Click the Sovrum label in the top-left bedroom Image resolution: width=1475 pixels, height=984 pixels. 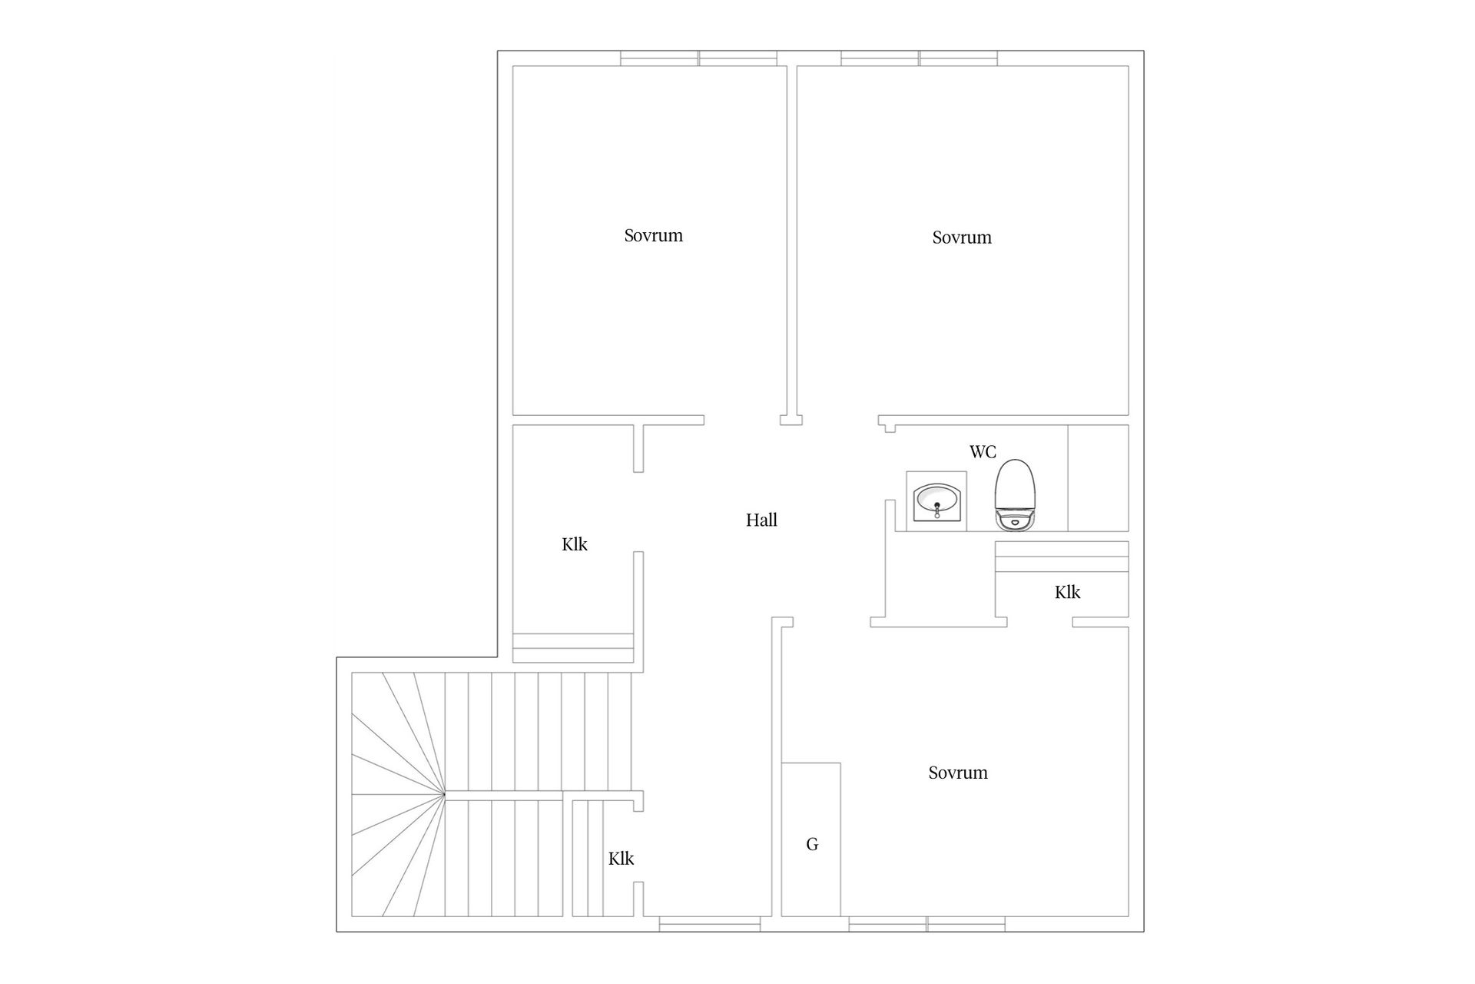[x=653, y=235]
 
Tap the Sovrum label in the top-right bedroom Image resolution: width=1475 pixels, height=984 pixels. [x=962, y=238]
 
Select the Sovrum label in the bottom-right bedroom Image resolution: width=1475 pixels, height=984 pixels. [x=958, y=773]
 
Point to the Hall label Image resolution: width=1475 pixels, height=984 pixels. [x=761, y=520]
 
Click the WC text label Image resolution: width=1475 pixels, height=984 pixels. [x=983, y=452]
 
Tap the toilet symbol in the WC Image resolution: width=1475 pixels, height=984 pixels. [x=1016, y=495]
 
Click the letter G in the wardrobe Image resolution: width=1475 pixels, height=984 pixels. [x=812, y=845]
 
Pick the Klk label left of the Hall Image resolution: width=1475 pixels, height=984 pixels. [x=575, y=545]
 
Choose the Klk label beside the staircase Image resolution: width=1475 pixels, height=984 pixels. [x=621, y=859]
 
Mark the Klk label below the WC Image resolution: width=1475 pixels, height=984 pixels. [x=1068, y=593]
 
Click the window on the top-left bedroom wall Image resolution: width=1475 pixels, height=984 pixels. [x=699, y=58]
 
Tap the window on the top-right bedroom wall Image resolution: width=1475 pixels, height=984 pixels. [x=920, y=58]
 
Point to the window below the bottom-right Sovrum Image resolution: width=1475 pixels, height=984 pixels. [x=927, y=924]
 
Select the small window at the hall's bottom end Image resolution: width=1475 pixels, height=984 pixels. [x=710, y=924]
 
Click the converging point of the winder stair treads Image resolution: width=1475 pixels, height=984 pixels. [x=445, y=793]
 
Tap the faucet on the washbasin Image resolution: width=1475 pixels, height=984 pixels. [x=937, y=509]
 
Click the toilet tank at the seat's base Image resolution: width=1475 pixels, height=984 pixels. [x=1016, y=521]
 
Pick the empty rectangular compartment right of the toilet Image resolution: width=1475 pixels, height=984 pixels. [x=1099, y=477]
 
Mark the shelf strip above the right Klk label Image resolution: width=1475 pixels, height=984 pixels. [x=1062, y=557]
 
